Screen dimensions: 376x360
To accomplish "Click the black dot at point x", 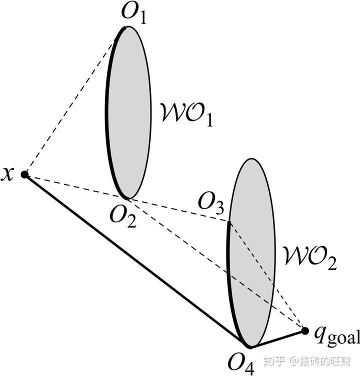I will click(24, 174).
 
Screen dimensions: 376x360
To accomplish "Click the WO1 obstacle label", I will click(184, 113).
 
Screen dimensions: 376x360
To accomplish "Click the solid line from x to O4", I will click(135, 260).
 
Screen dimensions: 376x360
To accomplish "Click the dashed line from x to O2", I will click(75, 186).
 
